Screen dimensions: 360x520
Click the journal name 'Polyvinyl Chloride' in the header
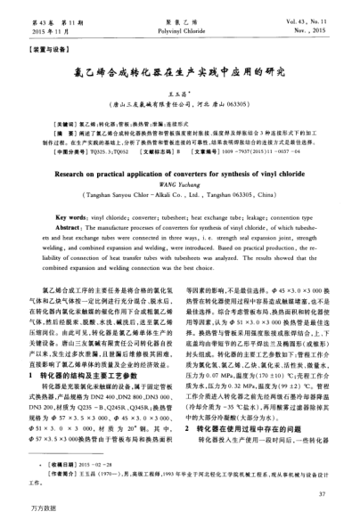(x=180, y=30)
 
